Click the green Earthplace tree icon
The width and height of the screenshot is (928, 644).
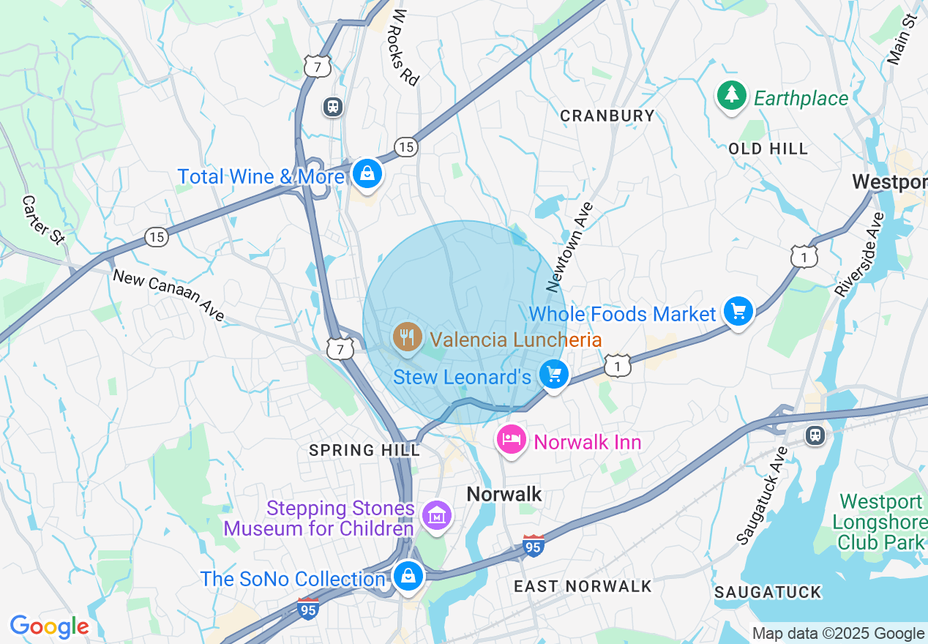coord(730,96)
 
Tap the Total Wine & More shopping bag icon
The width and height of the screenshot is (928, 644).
coord(367,174)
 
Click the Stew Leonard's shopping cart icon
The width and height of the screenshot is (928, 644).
coord(554,375)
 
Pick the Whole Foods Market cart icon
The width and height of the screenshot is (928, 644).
coord(738,312)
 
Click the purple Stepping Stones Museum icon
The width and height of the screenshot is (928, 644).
coord(438,516)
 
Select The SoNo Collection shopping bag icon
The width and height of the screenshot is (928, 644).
coord(406,576)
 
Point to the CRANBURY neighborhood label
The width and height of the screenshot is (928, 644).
coord(607,116)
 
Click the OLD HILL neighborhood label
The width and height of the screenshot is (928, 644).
coord(768,149)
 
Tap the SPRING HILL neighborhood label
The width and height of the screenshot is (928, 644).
coord(364,450)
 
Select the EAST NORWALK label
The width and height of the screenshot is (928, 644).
coord(583,586)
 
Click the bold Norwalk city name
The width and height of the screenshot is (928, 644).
coord(504,494)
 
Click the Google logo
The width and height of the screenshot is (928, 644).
coord(49,626)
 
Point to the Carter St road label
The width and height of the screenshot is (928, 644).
coord(43,219)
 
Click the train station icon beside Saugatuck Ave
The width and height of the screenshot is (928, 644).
coord(815,435)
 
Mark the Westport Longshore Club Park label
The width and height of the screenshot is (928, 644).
coord(880,522)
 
